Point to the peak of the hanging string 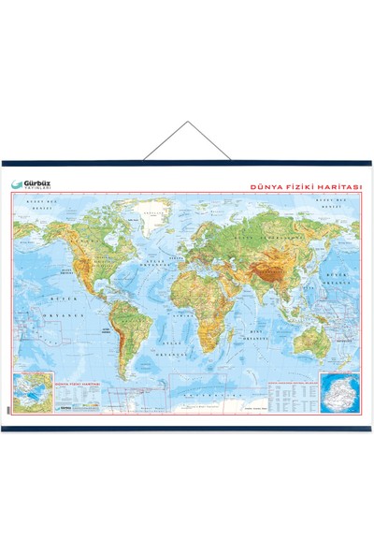[187, 122]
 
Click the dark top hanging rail [187, 163]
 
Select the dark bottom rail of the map [187, 429]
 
